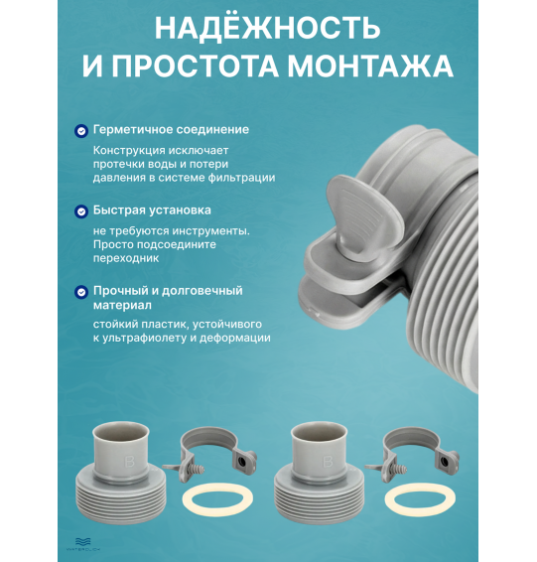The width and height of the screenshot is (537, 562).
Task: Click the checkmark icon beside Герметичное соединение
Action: point(80,130)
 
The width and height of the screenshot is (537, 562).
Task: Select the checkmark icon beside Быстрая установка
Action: point(80,211)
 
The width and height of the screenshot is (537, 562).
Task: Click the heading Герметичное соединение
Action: point(170,130)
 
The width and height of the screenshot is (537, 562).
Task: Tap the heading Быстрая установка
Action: point(151,211)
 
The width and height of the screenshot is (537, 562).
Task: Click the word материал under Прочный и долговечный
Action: point(119,307)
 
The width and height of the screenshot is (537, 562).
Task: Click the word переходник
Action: point(126,258)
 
